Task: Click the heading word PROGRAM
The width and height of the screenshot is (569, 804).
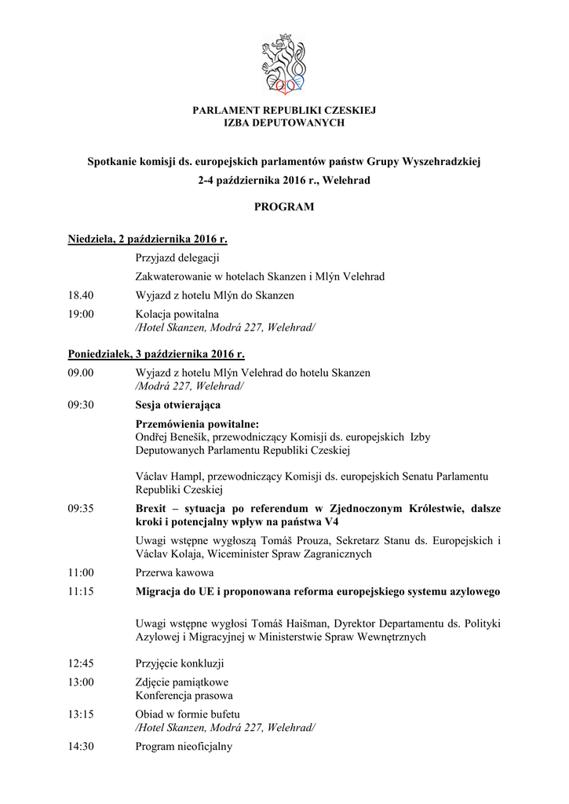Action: [x=284, y=207]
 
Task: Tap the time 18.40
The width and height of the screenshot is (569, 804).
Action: [x=81, y=295]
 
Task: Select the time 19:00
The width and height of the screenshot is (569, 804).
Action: [x=81, y=314]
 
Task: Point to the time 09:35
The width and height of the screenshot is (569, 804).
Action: [x=81, y=508]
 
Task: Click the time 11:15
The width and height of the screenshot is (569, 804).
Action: [x=81, y=591]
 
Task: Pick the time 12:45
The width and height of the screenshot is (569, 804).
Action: [x=81, y=663]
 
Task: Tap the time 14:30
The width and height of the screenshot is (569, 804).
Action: [x=81, y=747]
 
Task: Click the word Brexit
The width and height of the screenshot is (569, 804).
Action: [x=153, y=508]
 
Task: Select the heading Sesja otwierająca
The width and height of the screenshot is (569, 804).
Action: [x=177, y=405]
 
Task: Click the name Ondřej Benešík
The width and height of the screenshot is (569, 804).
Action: [x=172, y=437]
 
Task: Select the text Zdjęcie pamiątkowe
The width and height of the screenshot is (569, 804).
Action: [x=182, y=682]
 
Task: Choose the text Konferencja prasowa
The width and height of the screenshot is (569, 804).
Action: [x=184, y=696]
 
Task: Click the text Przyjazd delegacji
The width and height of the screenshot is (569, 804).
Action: [x=177, y=258]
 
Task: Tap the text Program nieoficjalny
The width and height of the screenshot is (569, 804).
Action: [x=184, y=747]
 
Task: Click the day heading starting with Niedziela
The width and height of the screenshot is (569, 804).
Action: [x=148, y=239]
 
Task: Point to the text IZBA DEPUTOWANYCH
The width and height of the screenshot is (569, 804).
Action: [x=284, y=123]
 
